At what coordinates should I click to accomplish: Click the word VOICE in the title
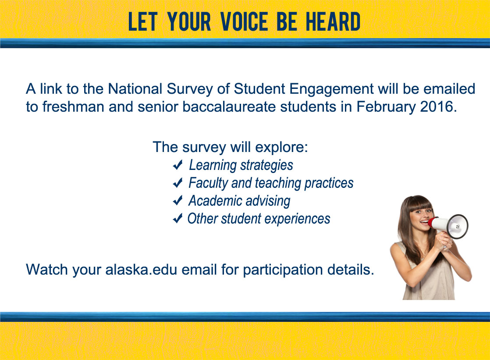pyautogui.click(x=244, y=22)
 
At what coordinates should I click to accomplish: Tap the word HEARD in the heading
pyautogui.click(x=333, y=22)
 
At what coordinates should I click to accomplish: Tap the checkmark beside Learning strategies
pyautogui.click(x=178, y=165)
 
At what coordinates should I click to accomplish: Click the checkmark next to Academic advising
pyautogui.click(x=178, y=200)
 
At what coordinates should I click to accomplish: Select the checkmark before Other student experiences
pyautogui.click(x=178, y=218)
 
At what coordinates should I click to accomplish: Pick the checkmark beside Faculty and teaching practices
pyautogui.click(x=178, y=183)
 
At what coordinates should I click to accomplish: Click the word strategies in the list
pyautogui.click(x=266, y=166)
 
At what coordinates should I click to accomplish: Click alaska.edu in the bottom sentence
pyautogui.click(x=141, y=269)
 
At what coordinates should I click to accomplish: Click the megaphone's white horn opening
pyautogui.click(x=458, y=227)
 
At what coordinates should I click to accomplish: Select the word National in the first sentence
pyautogui.click(x=135, y=89)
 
